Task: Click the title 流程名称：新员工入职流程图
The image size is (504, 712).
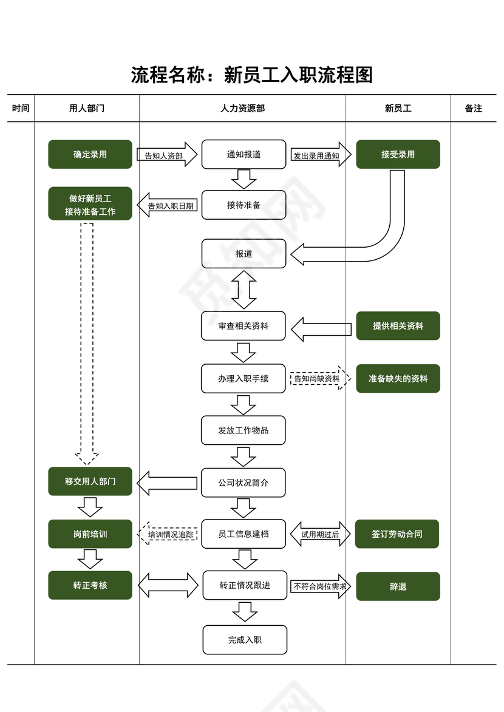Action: tap(251, 75)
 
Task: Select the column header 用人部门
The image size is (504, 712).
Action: tap(87, 108)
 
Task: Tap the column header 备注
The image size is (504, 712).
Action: tap(473, 108)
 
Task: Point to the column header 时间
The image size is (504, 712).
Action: tap(21, 108)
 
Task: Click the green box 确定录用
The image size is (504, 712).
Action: tap(90, 154)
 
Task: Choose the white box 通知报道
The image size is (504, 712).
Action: tap(243, 154)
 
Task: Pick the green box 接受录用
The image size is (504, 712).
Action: tap(398, 154)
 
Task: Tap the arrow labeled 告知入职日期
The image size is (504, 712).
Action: tap(168, 206)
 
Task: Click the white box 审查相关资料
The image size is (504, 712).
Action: tap(243, 326)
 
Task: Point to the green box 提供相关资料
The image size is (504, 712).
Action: tap(398, 326)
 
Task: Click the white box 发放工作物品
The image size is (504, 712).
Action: tap(243, 430)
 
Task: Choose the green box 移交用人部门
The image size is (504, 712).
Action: tap(90, 481)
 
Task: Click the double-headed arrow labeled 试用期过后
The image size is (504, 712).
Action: tap(320, 534)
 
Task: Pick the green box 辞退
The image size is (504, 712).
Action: tap(398, 586)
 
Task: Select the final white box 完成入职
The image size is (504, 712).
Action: tap(245, 639)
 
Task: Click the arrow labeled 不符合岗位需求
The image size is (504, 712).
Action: tap(320, 586)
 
